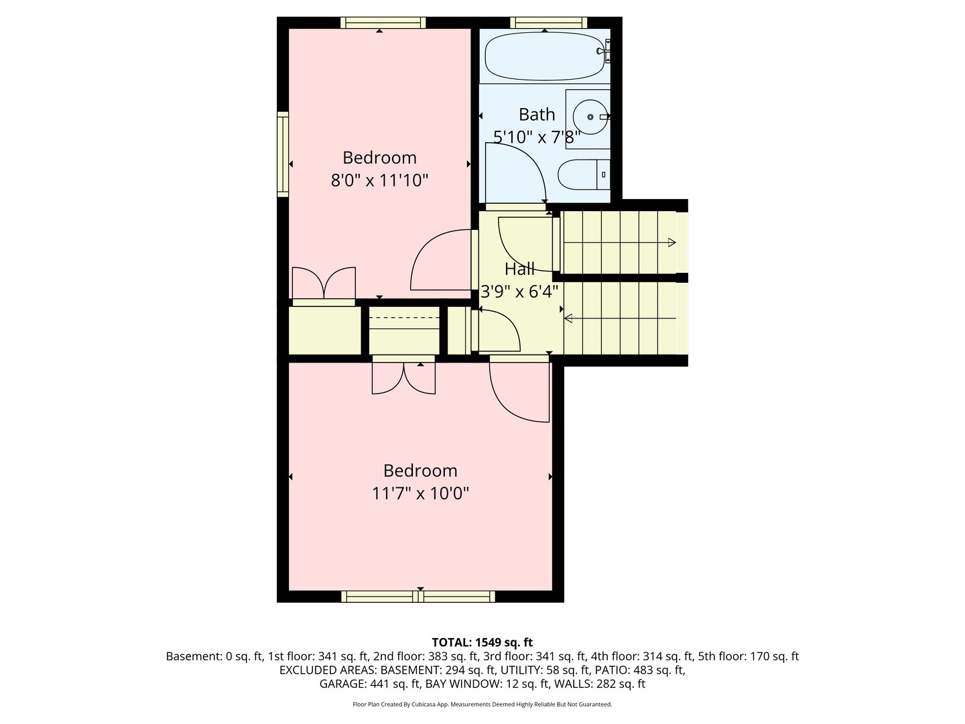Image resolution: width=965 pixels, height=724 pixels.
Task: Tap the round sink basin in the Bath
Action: click(590, 117)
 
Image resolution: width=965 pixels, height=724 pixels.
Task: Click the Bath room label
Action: click(537, 115)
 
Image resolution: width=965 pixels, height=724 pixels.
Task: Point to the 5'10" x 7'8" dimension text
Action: click(536, 137)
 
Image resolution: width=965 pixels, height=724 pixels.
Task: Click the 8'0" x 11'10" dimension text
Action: click(379, 180)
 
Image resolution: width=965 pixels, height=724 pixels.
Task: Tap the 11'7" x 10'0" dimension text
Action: click(420, 494)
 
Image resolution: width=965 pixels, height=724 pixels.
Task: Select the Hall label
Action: click(519, 269)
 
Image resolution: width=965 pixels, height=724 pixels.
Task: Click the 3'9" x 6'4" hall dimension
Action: click(519, 292)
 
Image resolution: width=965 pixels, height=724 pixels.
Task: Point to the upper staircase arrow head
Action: click(672, 243)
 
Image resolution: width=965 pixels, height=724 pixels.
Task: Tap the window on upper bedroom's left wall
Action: click(283, 154)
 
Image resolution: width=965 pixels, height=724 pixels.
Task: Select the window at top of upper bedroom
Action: click(383, 23)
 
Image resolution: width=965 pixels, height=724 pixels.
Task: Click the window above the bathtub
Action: click(549, 23)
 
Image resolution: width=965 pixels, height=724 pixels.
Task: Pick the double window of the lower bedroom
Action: click(418, 596)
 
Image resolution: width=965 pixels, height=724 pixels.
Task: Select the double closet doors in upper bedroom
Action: click(324, 283)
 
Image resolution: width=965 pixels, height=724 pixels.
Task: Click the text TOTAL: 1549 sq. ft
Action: click(482, 642)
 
